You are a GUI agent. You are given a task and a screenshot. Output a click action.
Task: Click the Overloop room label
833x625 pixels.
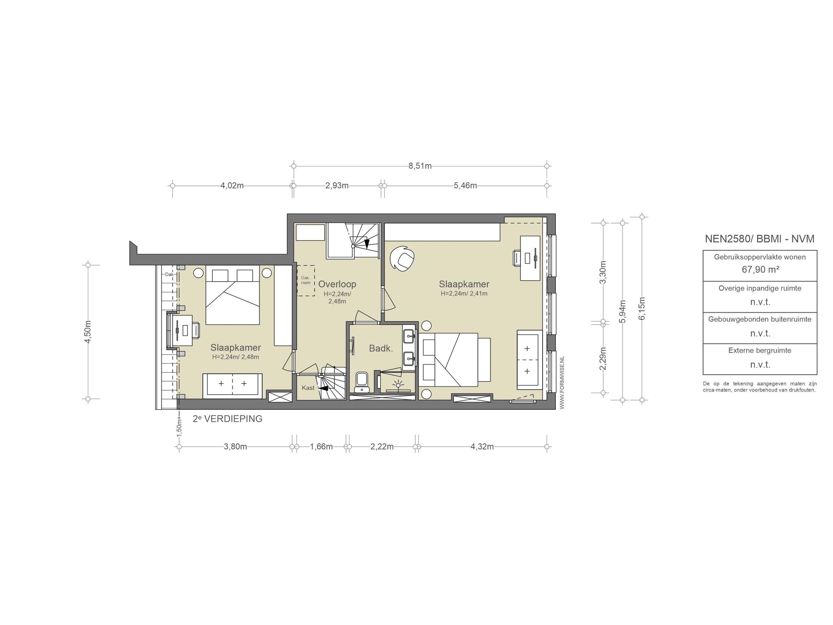pyautogui.click(x=337, y=284)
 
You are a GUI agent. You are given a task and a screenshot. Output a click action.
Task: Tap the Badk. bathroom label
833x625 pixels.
pyautogui.click(x=381, y=349)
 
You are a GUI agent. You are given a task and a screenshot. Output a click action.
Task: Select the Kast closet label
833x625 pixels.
pyautogui.click(x=308, y=388)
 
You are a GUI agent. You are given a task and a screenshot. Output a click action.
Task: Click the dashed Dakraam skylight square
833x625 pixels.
pyautogui.click(x=306, y=280)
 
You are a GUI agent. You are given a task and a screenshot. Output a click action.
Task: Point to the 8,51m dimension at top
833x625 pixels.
pyautogui.click(x=420, y=166)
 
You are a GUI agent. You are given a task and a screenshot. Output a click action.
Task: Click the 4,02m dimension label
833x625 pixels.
pyautogui.click(x=232, y=186)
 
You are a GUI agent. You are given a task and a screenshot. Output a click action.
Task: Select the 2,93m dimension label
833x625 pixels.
pyautogui.click(x=337, y=186)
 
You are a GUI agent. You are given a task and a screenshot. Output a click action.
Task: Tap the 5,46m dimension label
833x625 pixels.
pyautogui.click(x=465, y=186)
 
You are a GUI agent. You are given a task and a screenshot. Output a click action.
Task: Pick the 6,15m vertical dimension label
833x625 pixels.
pyautogui.click(x=642, y=309)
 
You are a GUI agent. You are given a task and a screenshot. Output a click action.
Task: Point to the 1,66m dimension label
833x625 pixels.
pyautogui.click(x=321, y=447)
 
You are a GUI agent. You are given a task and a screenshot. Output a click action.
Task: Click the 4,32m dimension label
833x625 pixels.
pyautogui.click(x=482, y=447)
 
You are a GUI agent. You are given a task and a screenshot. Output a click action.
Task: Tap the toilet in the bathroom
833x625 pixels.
pyautogui.click(x=362, y=382)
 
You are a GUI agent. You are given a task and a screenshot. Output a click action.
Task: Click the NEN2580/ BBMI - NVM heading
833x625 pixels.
pyautogui.click(x=759, y=239)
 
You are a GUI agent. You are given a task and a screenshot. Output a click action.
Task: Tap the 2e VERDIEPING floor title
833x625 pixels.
pyautogui.click(x=227, y=419)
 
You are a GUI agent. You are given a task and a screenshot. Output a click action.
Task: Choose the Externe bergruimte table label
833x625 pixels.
pyautogui.click(x=759, y=351)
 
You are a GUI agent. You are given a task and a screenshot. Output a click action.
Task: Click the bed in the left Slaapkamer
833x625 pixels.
pyautogui.click(x=232, y=298)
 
